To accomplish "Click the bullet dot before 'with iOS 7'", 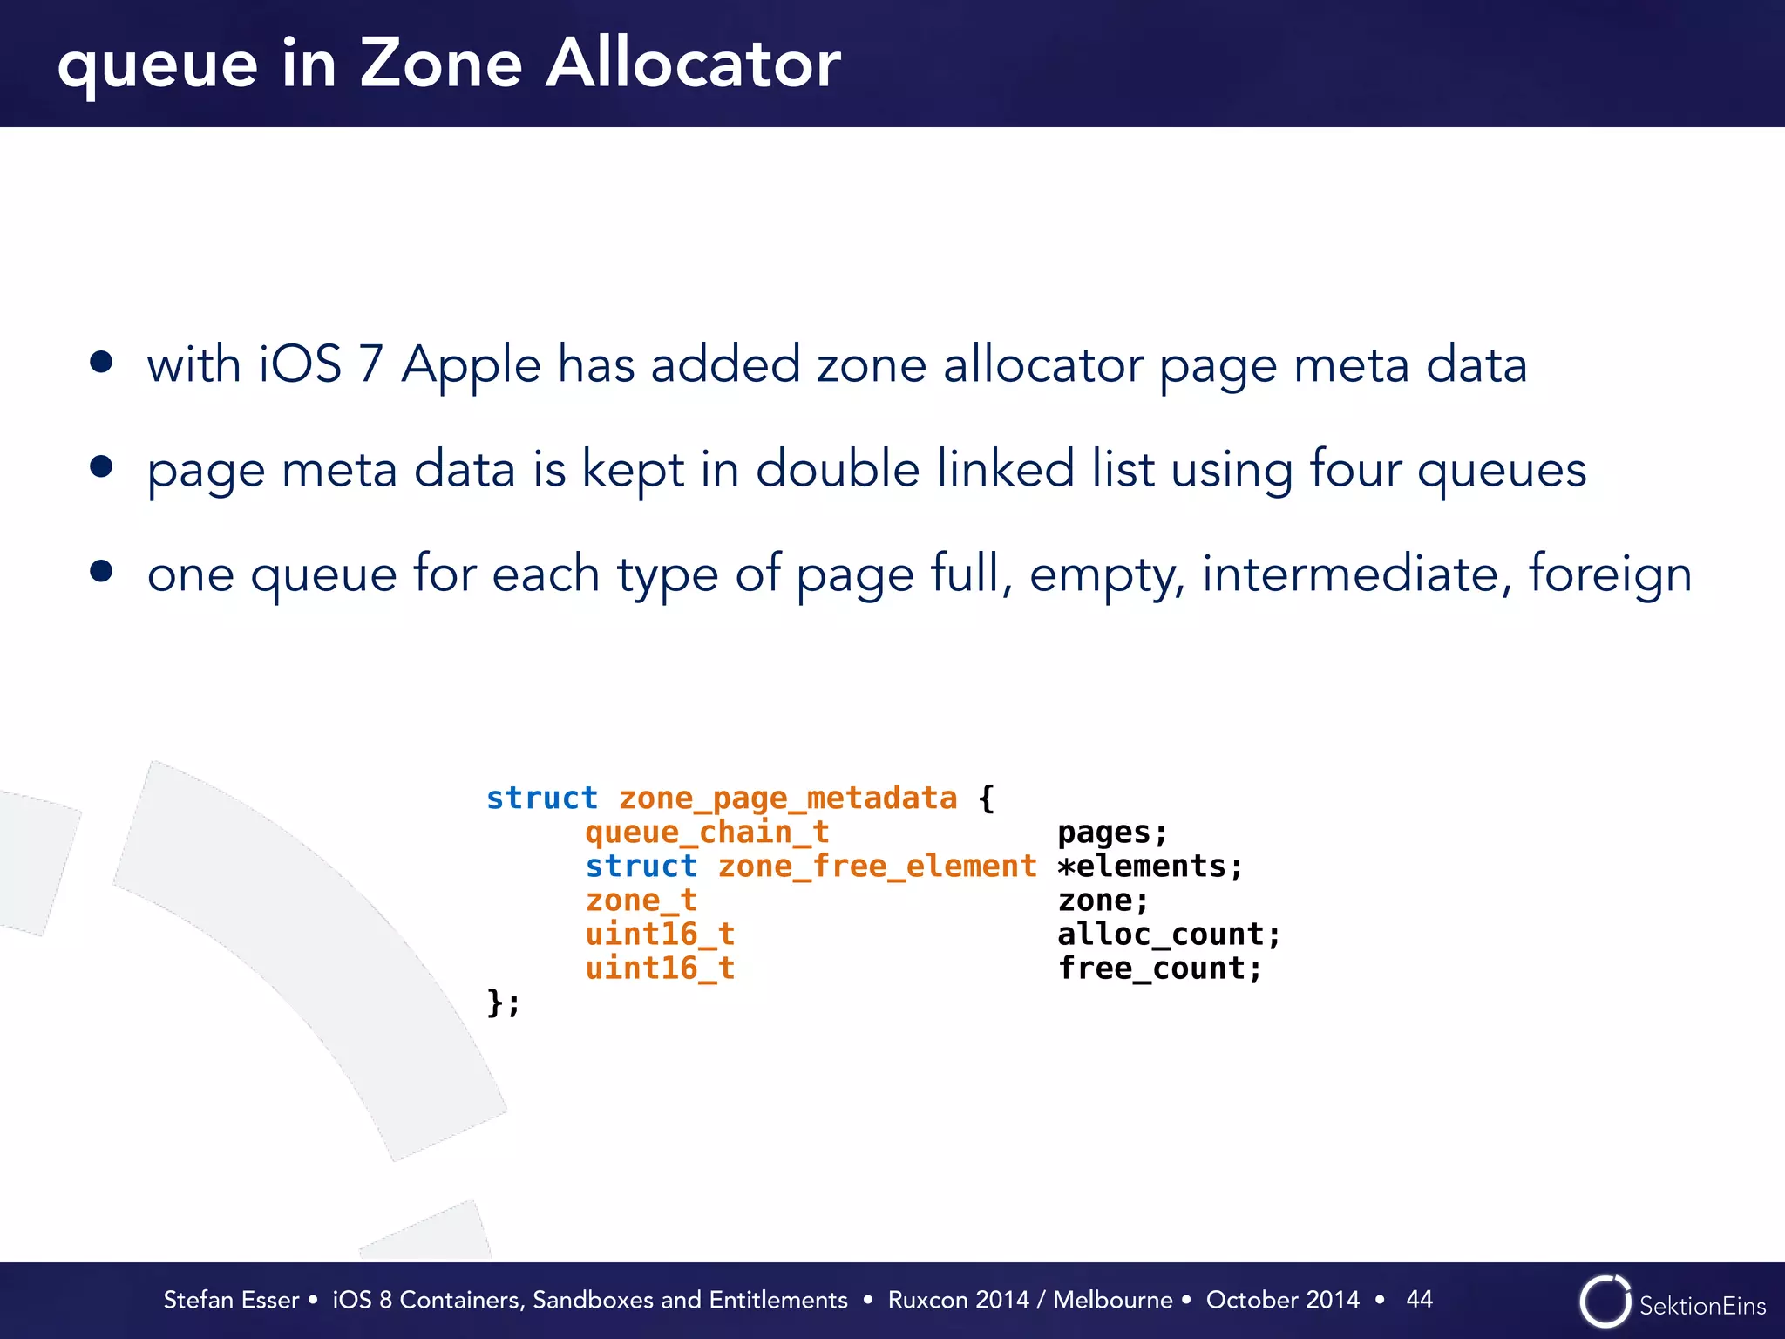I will coord(101,362).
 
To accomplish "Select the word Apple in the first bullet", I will coord(471,365).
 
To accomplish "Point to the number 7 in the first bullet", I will coord(371,364).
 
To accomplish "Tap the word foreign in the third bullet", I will coord(1610,574).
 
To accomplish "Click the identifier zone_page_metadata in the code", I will coord(788,799).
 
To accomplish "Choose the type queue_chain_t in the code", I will coord(707,833).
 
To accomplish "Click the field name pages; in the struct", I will coord(1112,833).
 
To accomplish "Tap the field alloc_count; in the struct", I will coord(1169,935).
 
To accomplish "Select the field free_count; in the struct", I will coord(1159,969).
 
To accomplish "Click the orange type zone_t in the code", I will coord(641,901).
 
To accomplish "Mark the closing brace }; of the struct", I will coord(503,1003).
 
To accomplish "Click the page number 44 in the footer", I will coord(1419,1299).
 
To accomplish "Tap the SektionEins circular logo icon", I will coord(1605,1302).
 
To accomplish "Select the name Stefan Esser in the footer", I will coord(231,1300).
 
